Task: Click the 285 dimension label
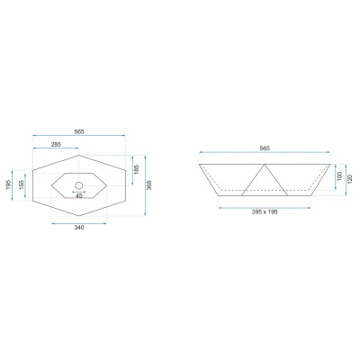(56, 144)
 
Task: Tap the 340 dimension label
(79, 228)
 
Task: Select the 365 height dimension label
(149, 185)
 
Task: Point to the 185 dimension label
(137, 170)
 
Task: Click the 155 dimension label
(21, 185)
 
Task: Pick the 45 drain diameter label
(79, 196)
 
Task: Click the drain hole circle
(79, 185)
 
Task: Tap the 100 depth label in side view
(339, 176)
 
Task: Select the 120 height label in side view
(350, 179)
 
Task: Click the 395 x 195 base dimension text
(265, 211)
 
